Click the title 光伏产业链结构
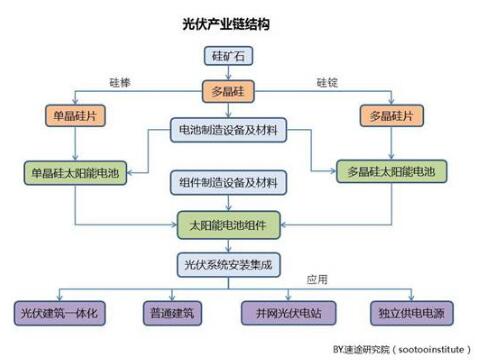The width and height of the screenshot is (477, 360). pyautogui.click(x=228, y=21)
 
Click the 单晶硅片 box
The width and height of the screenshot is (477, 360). pyautogui.click(x=76, y=116)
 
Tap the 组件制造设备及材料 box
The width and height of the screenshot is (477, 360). pyautogui.click(x=229, y=182)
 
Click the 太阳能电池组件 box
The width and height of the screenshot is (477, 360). pyautogui.click(x=229, y=224)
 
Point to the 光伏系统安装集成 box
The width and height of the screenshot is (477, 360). pyautogui.click(x=229, y=265)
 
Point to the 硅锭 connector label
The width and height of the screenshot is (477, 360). pyautogui.click(x=328, y=82)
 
